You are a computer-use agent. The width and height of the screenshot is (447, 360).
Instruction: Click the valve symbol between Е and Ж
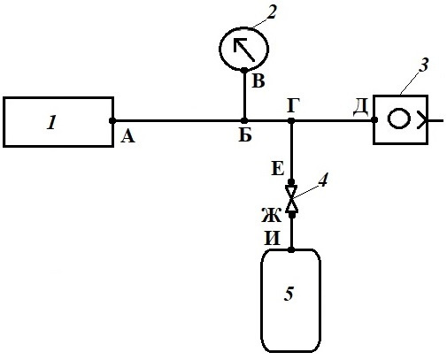[x=291, y=199]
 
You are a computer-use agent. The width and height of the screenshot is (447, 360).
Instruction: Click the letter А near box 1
[x=127, y=137]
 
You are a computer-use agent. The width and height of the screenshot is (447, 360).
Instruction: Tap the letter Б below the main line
[x=245, y=135]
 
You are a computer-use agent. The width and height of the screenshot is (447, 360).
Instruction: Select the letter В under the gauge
[x=258, y=80]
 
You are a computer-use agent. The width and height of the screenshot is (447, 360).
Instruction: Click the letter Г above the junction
[x=293, y=105]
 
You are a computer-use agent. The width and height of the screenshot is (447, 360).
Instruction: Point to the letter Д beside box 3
[x=361, y=107]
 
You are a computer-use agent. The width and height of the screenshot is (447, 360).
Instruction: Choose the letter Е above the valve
[x=277, y=169]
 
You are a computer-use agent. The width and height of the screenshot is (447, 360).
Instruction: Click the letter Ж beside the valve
[x=272, y=215]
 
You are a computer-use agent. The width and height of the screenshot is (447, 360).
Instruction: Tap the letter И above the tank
[x=272, y=238]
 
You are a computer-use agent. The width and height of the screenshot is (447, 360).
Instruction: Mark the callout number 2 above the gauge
[x=271, y=12]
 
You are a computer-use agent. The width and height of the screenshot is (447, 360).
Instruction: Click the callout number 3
[x=424, y=65]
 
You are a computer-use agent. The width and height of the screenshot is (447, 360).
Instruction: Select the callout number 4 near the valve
[x=323, y=180]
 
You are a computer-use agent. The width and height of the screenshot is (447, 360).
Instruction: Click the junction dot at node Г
[x=291, y=120]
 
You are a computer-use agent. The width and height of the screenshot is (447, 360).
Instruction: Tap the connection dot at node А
[x=112, y=120]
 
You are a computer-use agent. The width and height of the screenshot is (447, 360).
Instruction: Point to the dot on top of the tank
[x=291, y=250]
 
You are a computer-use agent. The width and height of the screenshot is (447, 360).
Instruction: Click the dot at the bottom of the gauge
[x=244, y=70]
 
